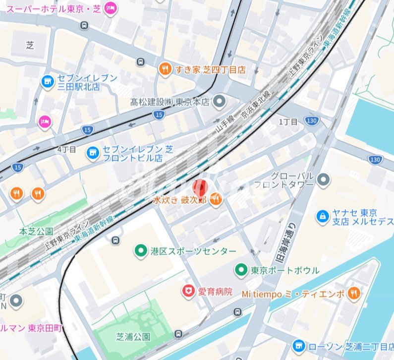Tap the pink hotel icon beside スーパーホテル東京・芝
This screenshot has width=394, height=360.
pyautogui.click(x=111, y=8)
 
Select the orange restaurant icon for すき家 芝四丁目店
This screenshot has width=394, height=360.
pyautogui.click(x=165, y=69)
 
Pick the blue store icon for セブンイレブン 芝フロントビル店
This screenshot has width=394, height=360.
pyautogui.click(x=92, y=153)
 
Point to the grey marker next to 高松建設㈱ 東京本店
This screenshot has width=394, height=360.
pyautogui.click(x=220, y=102)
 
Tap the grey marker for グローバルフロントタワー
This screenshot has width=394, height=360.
pyautogui.click(x=324, y=180)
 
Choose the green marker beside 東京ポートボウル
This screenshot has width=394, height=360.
pyautogui.click(x=241, y=270)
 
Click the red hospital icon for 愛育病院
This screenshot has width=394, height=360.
pyautogui.click(x=188, y=292)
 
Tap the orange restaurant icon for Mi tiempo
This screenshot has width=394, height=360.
pyautogui.click(x=353, y=293)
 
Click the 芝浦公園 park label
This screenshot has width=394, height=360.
pyautogui.click(x=134, y=337)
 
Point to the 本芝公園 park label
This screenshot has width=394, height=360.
pyautogui.click(x=36, y=231)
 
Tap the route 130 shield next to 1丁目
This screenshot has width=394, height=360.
pyautogui.click(x=311, y=121)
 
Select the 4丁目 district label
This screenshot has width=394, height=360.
pyautogui.click(x=67, y=149)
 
